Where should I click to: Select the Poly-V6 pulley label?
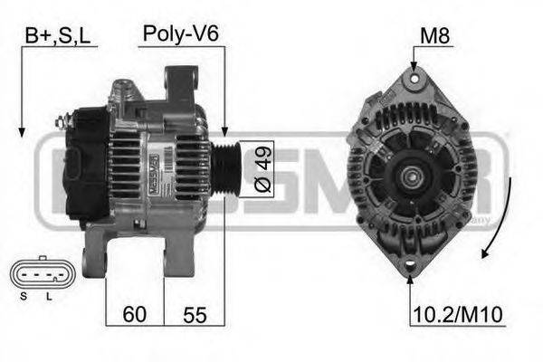click(180, 34)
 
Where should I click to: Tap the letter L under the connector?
click(49, 296)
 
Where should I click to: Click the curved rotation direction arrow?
click(503, 217)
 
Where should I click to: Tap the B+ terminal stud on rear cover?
click(63, 119)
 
